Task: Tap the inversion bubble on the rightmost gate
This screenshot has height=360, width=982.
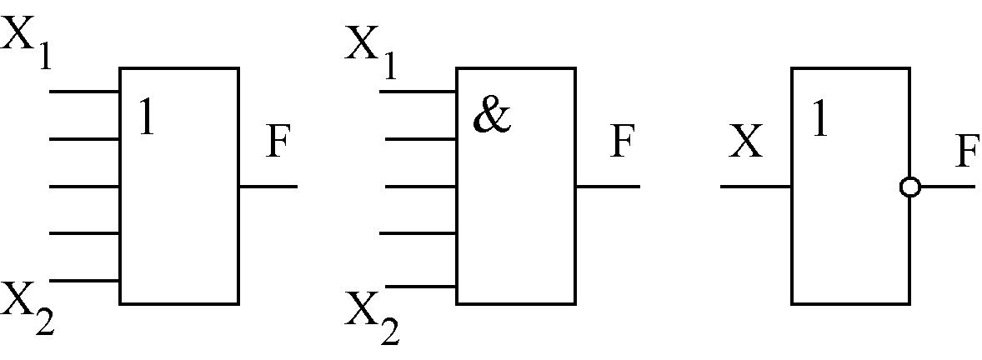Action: (x=910, y=187)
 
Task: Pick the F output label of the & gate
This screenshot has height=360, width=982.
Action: (x=621, y=143)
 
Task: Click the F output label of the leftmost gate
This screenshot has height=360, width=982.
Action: (x=280, y=143)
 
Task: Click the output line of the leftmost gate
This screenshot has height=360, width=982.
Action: (x=268, y=187)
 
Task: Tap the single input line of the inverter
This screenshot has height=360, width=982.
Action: (x=755, y=187)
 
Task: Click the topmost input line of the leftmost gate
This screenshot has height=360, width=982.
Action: (x=84, y=91)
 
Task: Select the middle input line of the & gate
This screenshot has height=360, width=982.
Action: (x=418, y=187)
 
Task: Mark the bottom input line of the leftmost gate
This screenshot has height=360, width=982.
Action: (x=84, y=282)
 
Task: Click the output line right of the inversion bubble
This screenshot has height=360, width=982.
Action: (x=947, y=187)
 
